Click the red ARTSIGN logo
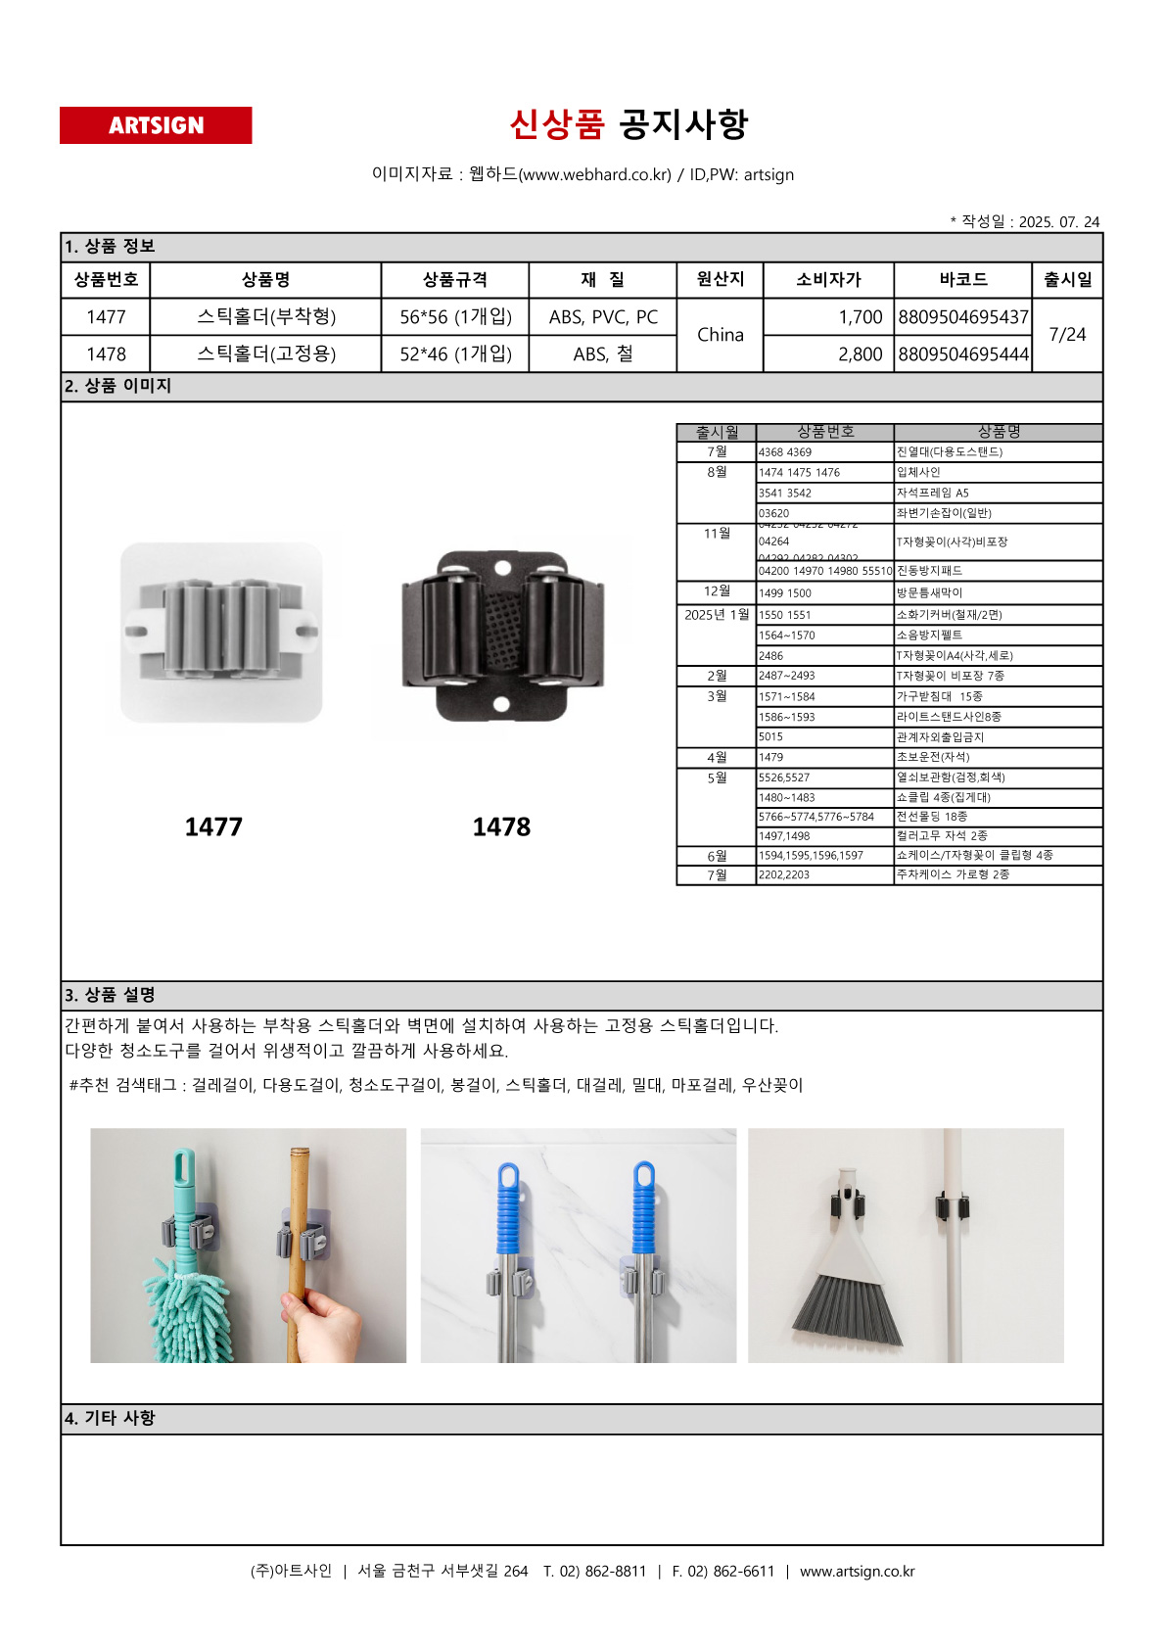tap(156, 125)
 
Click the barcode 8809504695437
tap(963, 317)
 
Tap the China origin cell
tap(721, 335)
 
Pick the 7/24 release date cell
tap(1067, 335)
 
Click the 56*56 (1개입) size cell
tap(455, 317)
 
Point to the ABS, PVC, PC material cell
tap(603, 317)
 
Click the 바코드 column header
tap(963, 280)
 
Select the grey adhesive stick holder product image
tap(221, 633)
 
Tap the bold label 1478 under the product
tap(501, 827)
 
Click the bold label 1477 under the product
tap(213, 827)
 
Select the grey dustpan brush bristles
tap(848, 1308)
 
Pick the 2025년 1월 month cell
tap(717, 615)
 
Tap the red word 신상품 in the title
tap(557, 124)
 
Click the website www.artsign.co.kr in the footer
tap(857, 1572)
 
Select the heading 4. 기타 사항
tap(111, 1418)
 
